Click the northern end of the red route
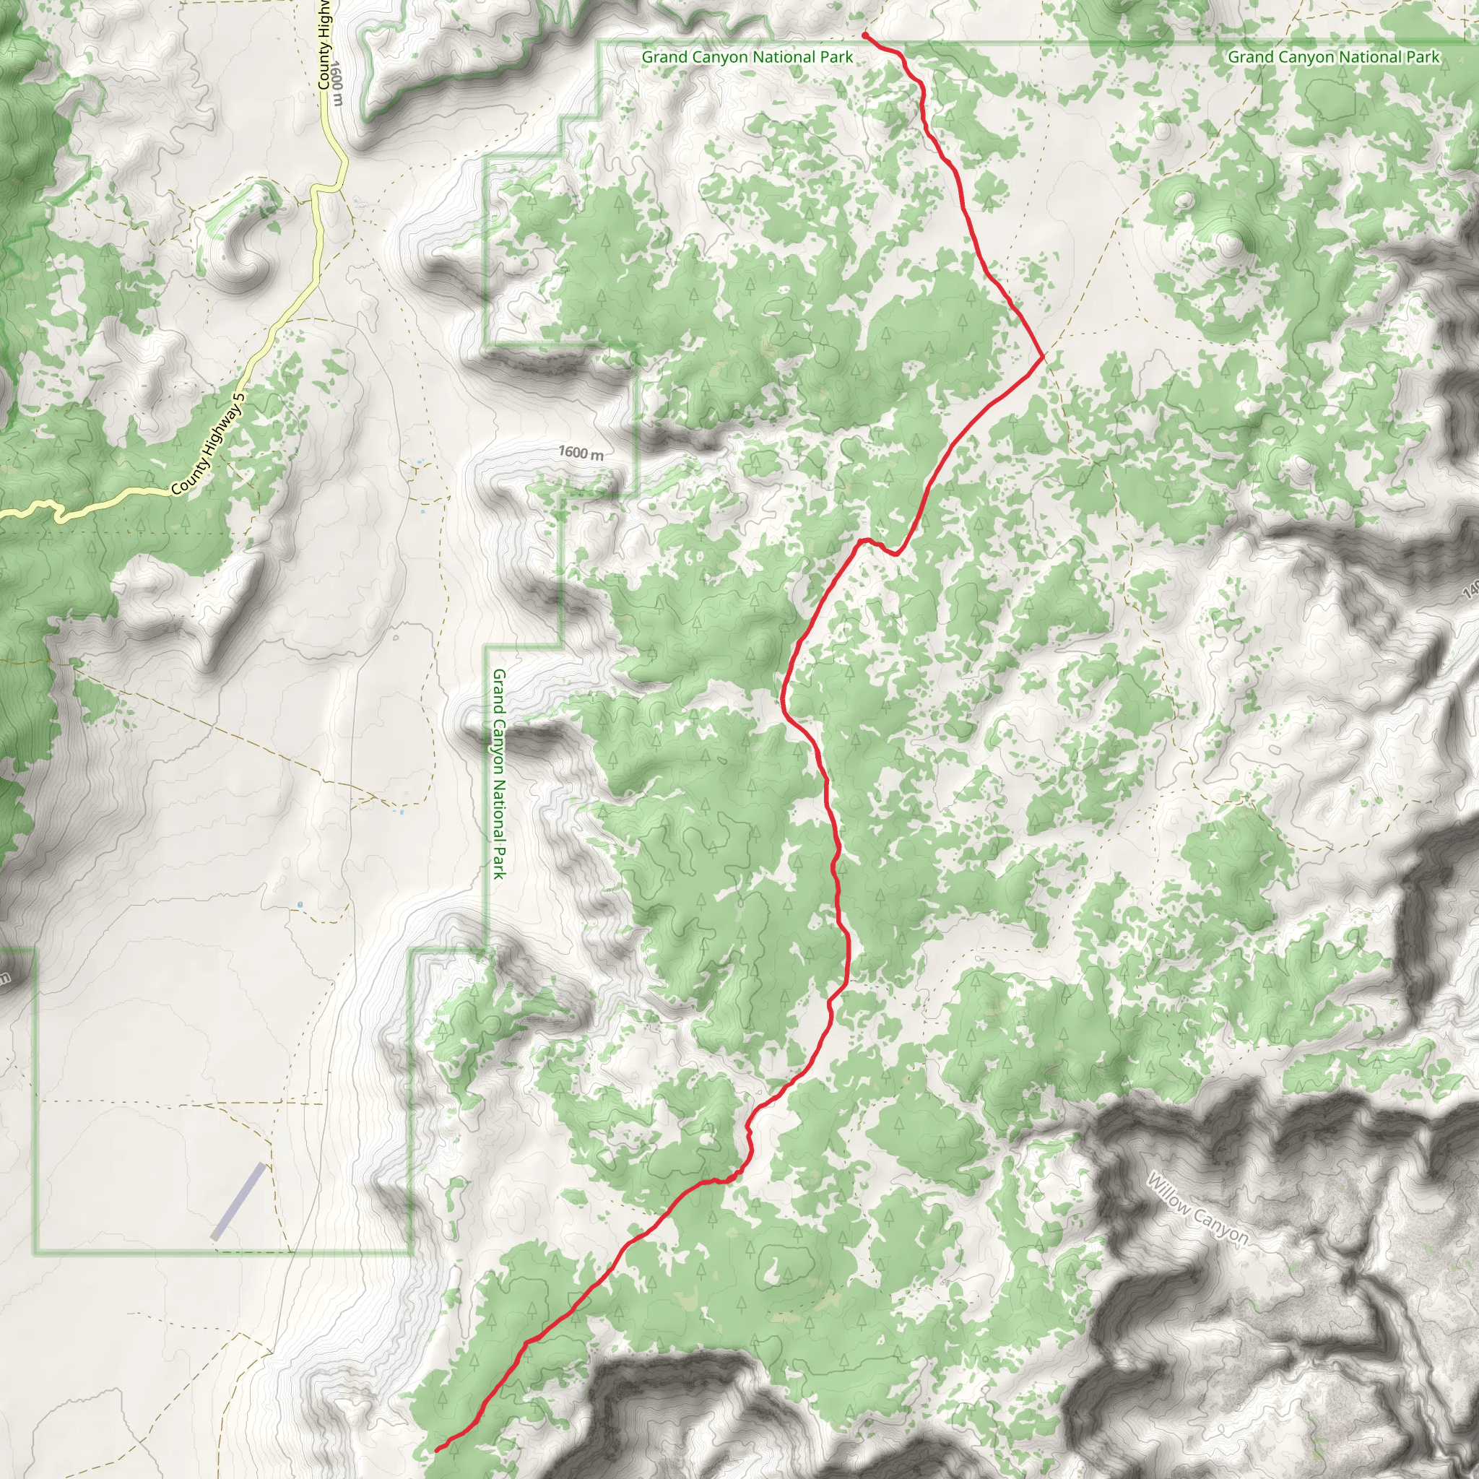(x=864, y=35)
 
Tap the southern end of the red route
(x=437, y=1450)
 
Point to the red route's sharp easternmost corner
(x=1043, y=357)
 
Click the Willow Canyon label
(x=1197, y=1209)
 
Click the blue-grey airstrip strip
(x=238, y=1201)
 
